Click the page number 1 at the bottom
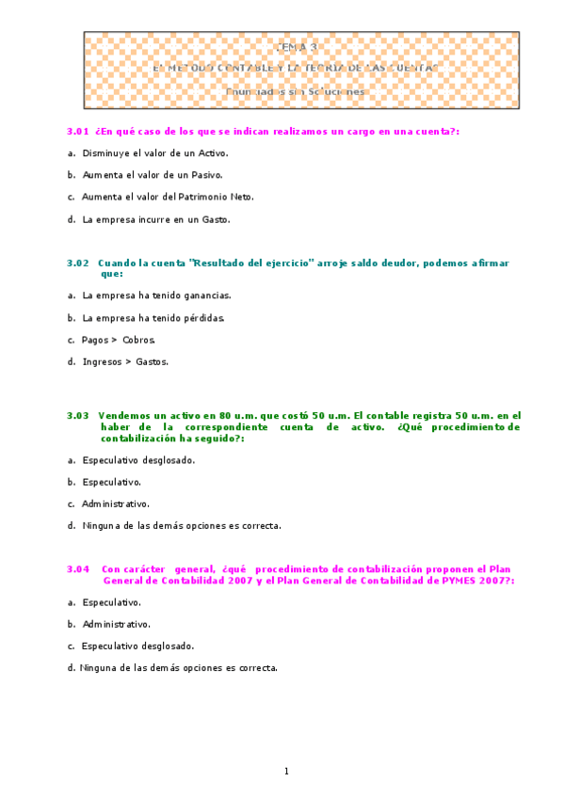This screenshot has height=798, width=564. point(286,772)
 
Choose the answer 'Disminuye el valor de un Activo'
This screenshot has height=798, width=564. point(154,152)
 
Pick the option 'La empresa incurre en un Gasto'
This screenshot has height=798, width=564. point(155,219)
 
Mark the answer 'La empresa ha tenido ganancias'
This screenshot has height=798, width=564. point(156,295)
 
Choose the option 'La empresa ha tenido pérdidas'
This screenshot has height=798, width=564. point(153,318)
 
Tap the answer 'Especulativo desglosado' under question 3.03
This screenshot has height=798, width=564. point(138,460)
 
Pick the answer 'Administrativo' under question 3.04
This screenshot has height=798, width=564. point(116,624)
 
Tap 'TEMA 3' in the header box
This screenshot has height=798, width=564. point(300,45)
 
